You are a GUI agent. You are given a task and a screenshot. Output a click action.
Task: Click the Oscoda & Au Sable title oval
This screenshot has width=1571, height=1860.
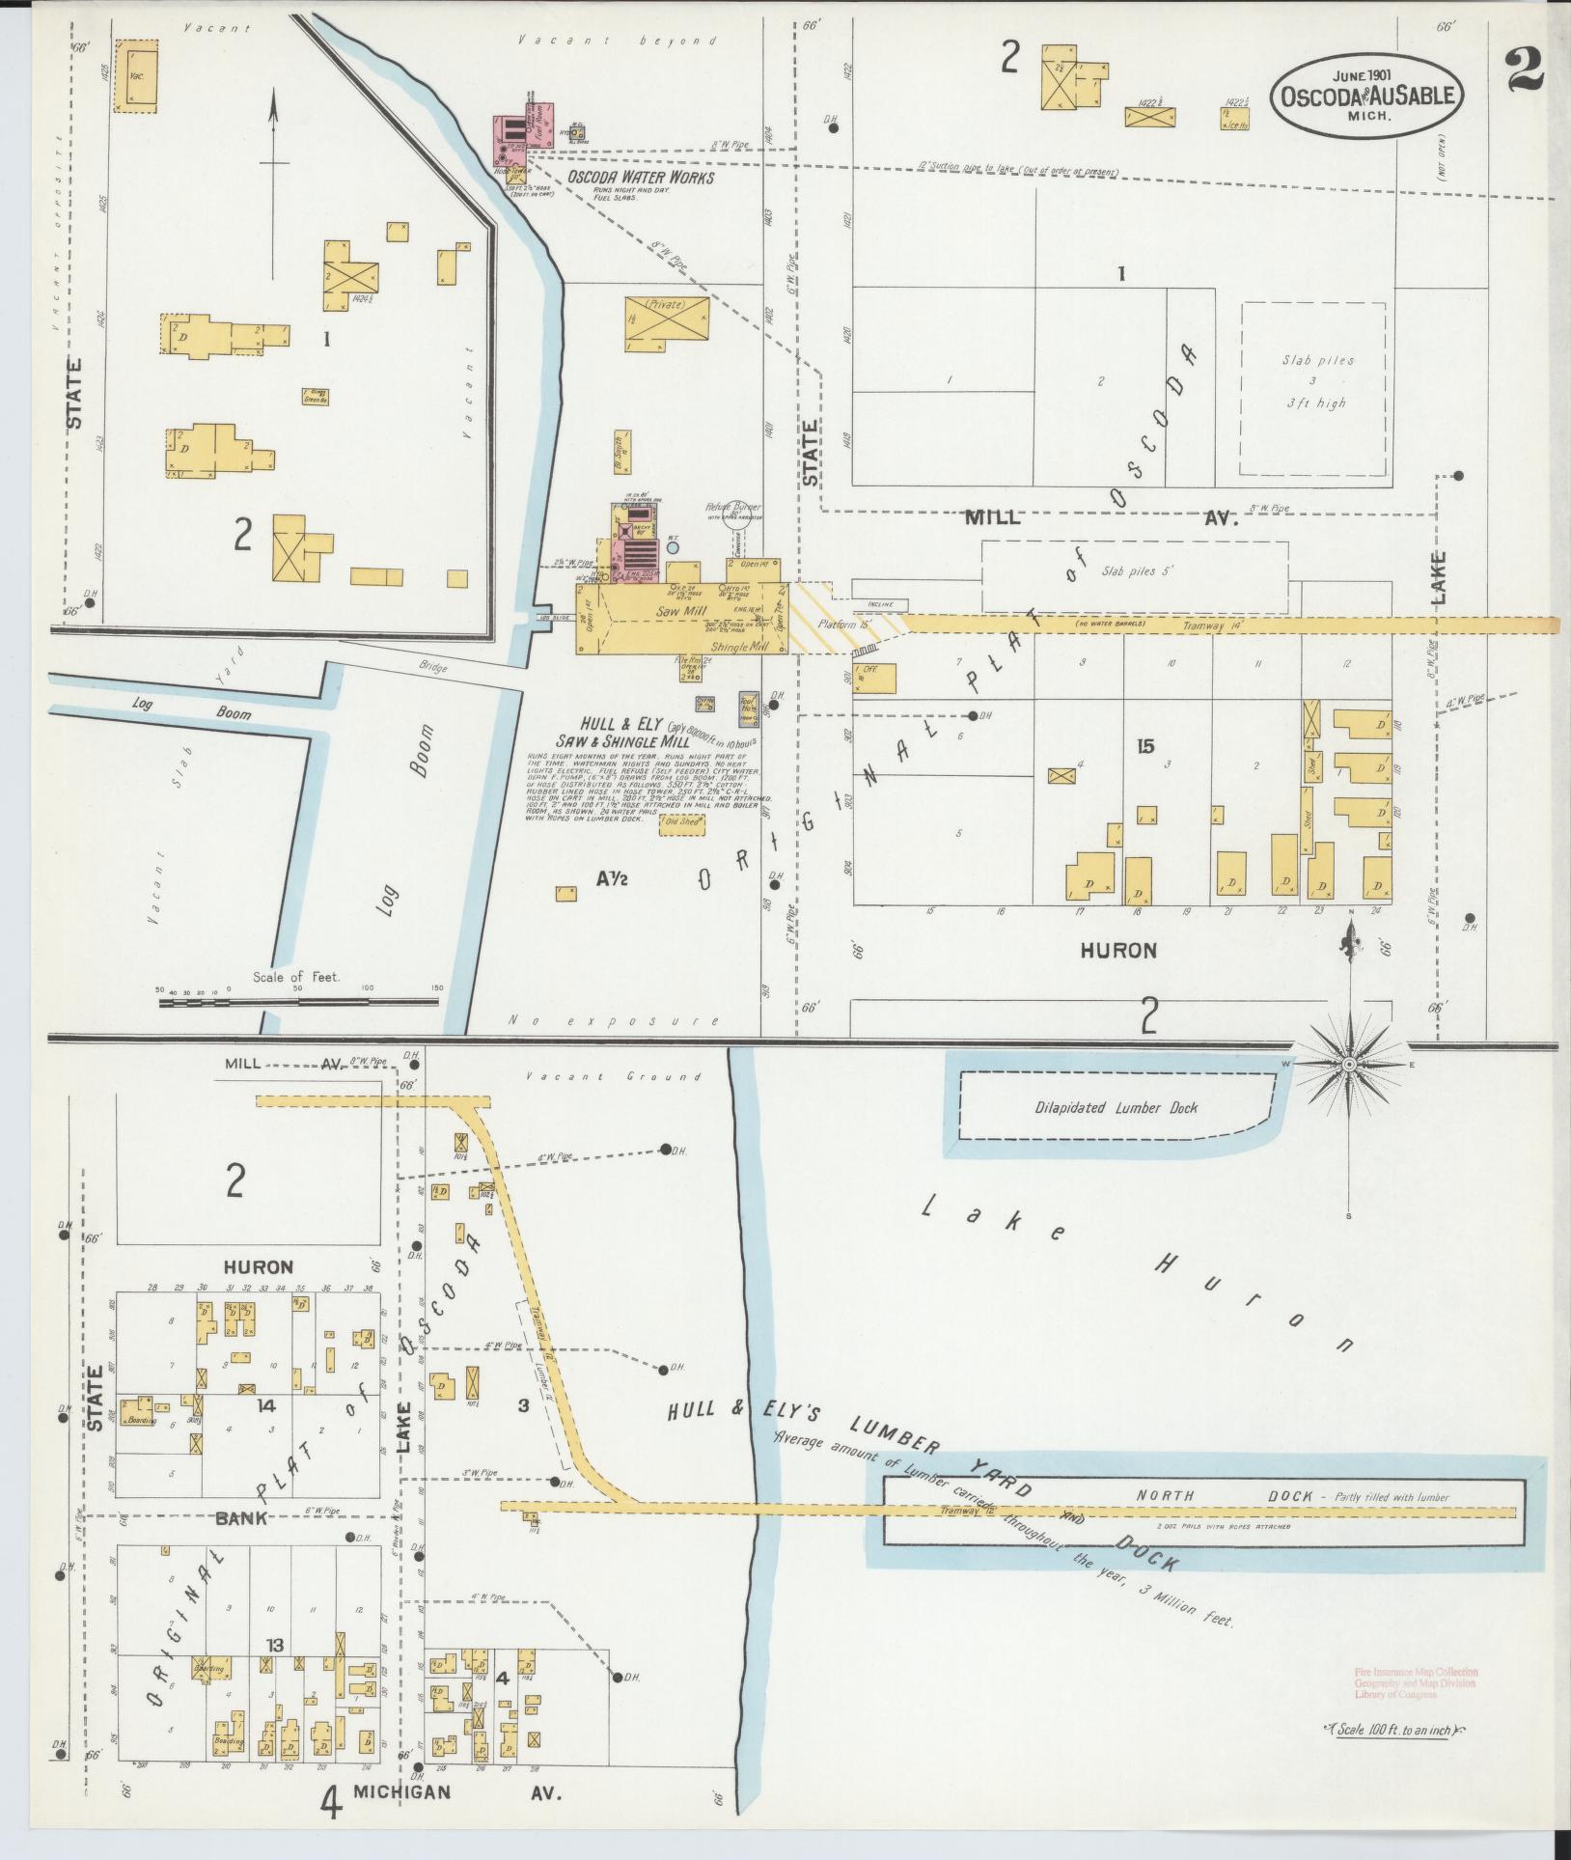(x=1364, y=95)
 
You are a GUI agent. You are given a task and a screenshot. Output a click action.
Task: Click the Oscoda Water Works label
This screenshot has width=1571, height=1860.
(x=640, y=178)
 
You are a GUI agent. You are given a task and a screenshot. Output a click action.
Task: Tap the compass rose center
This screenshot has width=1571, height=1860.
(x=1350, y=1064)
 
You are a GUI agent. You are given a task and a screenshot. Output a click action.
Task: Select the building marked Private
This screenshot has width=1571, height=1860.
(x=666, y=319)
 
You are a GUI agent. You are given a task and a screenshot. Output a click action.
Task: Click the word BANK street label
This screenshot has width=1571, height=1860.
(x=241, y=1517)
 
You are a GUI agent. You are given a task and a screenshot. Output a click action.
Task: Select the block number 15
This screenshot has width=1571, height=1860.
(x=1145, y=746)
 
